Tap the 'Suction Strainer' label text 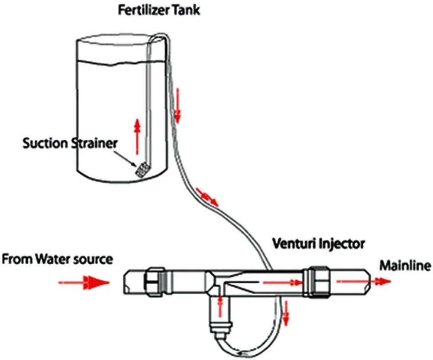point(70,143)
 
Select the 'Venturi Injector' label point(318,243)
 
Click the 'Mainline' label point(405,265)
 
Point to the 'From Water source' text point(58,259)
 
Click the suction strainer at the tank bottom point(142,169)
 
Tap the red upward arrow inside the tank point(137,136)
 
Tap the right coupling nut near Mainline point(317,282)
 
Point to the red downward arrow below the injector point(285,313)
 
